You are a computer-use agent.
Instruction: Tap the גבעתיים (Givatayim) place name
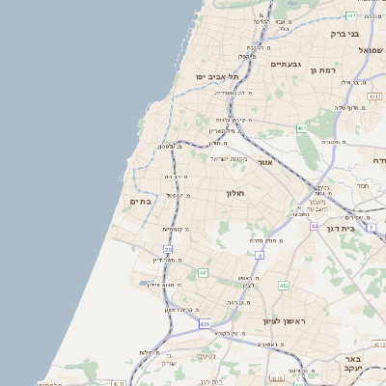click(x=286, y=65)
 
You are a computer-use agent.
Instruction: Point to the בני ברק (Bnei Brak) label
click(x=345, y=34)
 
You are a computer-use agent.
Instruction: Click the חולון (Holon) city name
click(x=236, y=193)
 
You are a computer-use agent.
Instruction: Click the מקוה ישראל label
click(x=228, y=159)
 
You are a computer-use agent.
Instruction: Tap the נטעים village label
click(x=207, y=356)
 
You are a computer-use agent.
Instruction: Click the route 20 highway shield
click(x=169, y=249)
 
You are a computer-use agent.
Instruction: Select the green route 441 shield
click(x=204, y=273)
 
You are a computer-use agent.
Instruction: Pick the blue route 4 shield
click(x=260, y=255)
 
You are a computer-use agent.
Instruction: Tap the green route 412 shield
click(x=283, y=286)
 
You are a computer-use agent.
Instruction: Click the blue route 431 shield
click(x=204, y=323)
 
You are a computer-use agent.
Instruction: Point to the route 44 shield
click(x=315, y=225)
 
